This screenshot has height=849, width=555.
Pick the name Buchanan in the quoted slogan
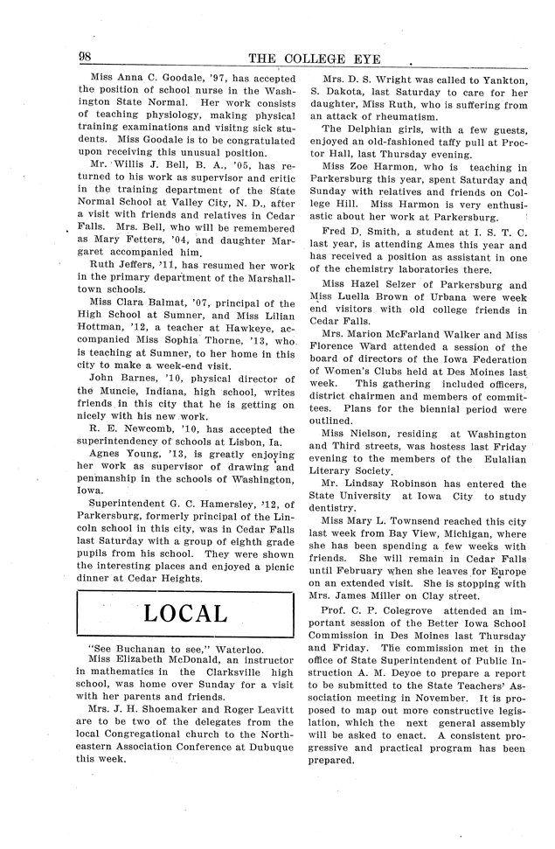140,650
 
